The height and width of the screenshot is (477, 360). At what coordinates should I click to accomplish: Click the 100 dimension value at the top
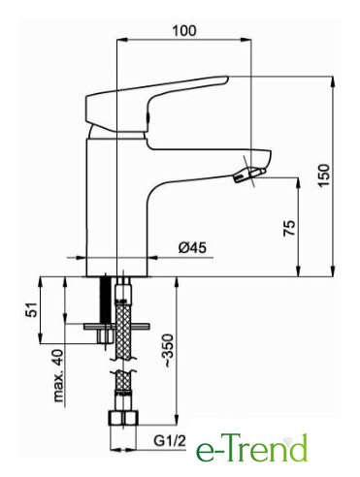point(184,31)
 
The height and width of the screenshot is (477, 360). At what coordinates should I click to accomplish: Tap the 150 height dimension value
point(324,175)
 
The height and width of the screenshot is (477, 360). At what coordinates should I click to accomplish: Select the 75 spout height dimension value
point(289,228)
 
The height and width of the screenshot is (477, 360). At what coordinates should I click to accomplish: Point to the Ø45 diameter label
point(192,248)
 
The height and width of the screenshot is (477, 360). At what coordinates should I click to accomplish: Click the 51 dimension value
point(32,309)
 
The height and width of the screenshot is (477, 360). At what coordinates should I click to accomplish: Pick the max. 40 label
point(58,375)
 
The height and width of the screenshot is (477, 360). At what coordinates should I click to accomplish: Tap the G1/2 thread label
point(170,440)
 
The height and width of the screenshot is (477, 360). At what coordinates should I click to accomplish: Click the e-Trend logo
point(251,448)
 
